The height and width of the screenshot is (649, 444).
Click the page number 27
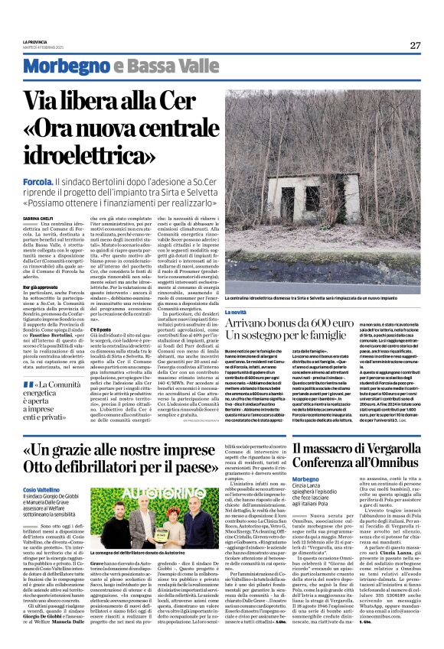(415, 45)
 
